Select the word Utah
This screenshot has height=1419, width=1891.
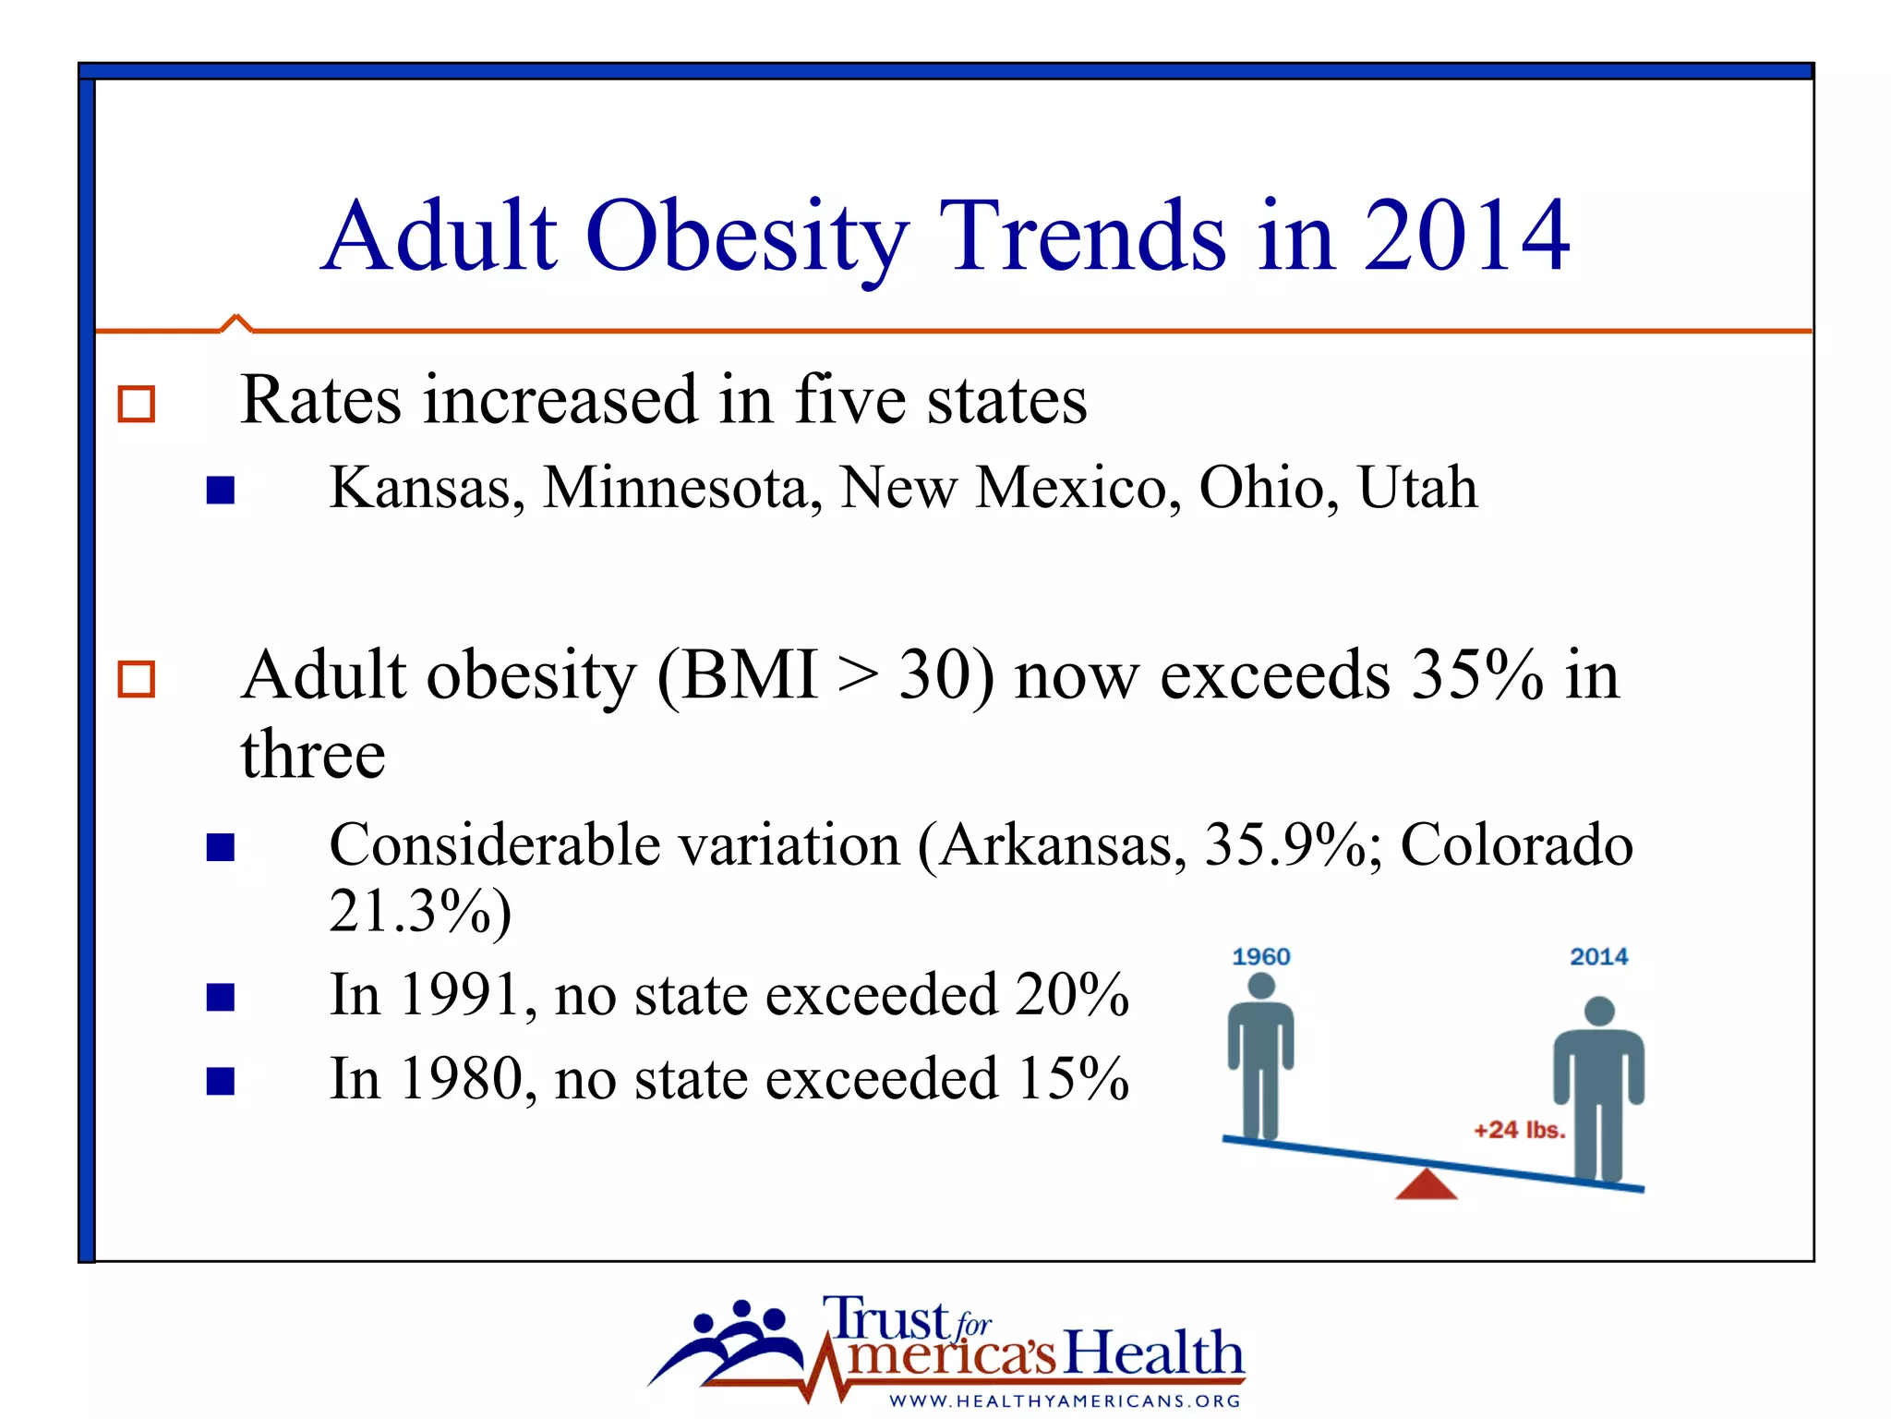click(x=1417, y=488)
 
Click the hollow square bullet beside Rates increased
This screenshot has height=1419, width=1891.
click(x=137, y=405)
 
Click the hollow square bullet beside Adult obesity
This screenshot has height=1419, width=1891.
click(x=137, y=679)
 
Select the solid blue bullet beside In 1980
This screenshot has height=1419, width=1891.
click(x=221, y=1081)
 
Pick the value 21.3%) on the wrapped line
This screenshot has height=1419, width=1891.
click(x=420, y=913)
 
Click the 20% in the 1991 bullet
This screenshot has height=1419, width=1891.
click(x=1071, y=996)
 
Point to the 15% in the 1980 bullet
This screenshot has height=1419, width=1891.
click(x=1073, y=1079)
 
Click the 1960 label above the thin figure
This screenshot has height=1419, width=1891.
click(x=1260, y=957)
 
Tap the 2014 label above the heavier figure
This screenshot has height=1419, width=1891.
click(x=1598, y=957)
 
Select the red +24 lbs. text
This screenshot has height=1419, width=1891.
click(x=1519, y=1130)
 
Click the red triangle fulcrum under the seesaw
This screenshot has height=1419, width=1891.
click(x=1427, y=1186)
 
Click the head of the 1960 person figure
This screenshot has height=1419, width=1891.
click(x=1260, y=987)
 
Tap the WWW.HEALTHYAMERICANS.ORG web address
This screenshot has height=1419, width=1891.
click(x=1065, y=1401)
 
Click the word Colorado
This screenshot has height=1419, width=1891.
click(x=1516, y=845)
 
